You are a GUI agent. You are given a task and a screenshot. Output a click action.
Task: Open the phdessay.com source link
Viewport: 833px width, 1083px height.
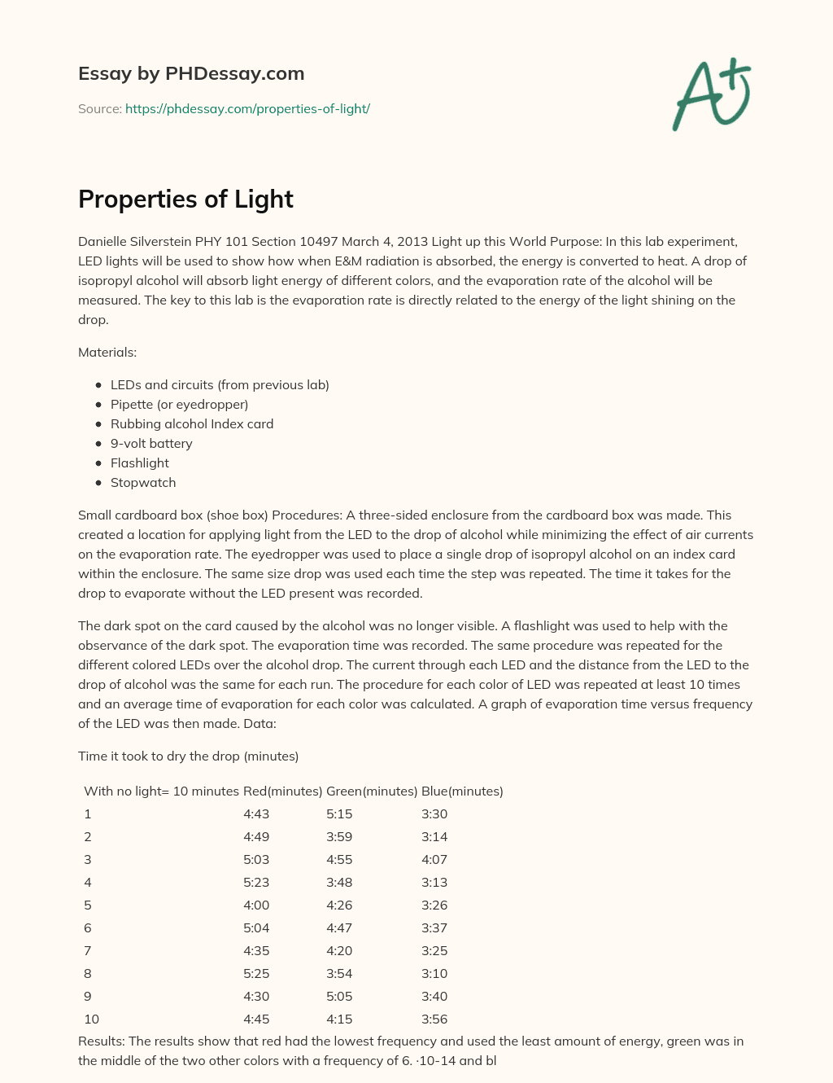click(247, 108)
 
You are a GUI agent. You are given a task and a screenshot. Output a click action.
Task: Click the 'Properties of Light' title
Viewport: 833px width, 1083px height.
click(185, 199)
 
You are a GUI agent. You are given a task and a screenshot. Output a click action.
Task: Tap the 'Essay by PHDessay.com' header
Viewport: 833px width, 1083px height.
click(191, 73)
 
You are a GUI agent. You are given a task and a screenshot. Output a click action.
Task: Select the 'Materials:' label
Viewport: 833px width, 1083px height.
click(107, 352)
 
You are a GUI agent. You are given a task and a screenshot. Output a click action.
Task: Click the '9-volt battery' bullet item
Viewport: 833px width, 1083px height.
click(151, 443)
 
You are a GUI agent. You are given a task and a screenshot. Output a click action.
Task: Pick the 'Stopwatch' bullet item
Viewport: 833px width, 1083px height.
click(143, 482)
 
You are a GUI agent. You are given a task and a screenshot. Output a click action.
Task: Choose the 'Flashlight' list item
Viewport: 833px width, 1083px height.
click(140, 463)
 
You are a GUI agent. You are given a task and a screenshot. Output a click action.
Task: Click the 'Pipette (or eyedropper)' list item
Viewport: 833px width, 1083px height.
click(179, 404)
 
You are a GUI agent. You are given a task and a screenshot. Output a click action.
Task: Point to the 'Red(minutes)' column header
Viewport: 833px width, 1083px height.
click(282, 791)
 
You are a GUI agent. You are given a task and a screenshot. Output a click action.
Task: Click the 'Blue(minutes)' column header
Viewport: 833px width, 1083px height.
click(462, 791)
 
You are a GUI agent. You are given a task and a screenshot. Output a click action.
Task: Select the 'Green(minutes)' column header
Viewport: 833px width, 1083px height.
click(372, 791)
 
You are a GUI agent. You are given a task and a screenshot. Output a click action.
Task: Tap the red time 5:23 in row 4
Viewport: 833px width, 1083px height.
click(256, 882)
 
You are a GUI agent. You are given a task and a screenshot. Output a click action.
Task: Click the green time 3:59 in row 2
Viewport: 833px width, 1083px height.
click(339, 836)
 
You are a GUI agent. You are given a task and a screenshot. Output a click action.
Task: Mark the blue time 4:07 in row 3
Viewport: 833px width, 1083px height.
click(434, 859)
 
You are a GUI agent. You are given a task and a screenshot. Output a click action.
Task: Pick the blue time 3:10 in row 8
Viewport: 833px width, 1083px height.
click(434, 973)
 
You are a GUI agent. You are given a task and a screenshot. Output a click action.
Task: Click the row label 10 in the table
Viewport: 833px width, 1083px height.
click(91, 1019)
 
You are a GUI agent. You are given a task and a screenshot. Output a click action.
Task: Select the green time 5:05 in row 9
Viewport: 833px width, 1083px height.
click(339, 996)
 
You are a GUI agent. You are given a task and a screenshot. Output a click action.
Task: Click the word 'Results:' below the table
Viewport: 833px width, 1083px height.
click(102, 1041)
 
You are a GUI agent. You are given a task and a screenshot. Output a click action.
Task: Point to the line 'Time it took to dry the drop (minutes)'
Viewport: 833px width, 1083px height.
click(188, 756)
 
